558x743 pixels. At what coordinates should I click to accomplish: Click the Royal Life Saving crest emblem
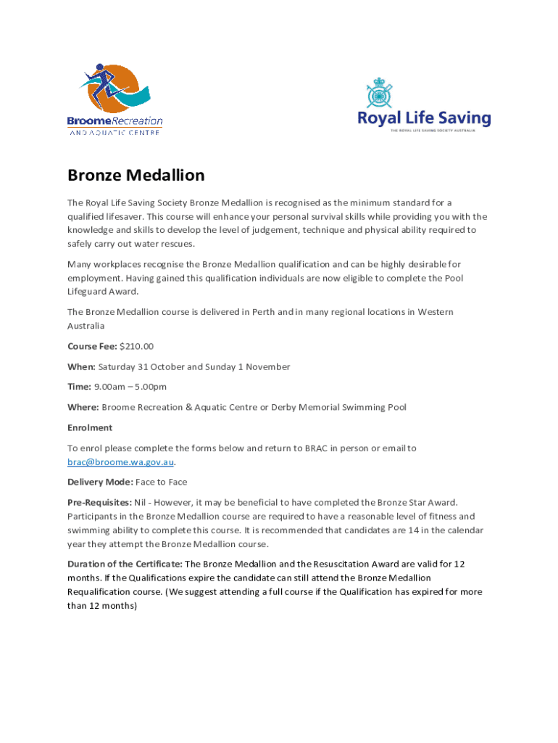click(x=378, y=94)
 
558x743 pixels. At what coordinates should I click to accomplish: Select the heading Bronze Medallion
click(x=136, y=175)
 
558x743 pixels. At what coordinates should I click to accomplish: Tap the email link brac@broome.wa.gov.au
click(x=121, y=462)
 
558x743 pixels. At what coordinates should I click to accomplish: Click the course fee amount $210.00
click(x=137, y=346)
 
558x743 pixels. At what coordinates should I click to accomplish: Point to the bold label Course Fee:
click(x=92, y=346)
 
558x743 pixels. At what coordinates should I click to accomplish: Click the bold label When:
click(x=81, y=366)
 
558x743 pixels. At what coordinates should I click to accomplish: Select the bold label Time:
click(x=79, y=387)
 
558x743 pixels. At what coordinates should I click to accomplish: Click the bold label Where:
click(x=83, y=407)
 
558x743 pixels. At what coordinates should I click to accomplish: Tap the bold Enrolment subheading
click(x=90, y=427)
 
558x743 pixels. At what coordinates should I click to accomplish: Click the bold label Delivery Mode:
click(x=100, y=482)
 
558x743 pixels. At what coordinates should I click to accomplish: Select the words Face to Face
click(x=157, y=482)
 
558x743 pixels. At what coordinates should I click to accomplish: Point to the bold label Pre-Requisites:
click(x=99, y=502)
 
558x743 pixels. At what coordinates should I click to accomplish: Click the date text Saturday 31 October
click(x=144, y=366)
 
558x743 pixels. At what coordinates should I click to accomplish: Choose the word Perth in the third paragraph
click(x=264, y=312)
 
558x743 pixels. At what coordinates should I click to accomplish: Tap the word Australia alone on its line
click(x=86, y=326)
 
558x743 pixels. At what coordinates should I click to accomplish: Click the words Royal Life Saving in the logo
click(x=424, y=118)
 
